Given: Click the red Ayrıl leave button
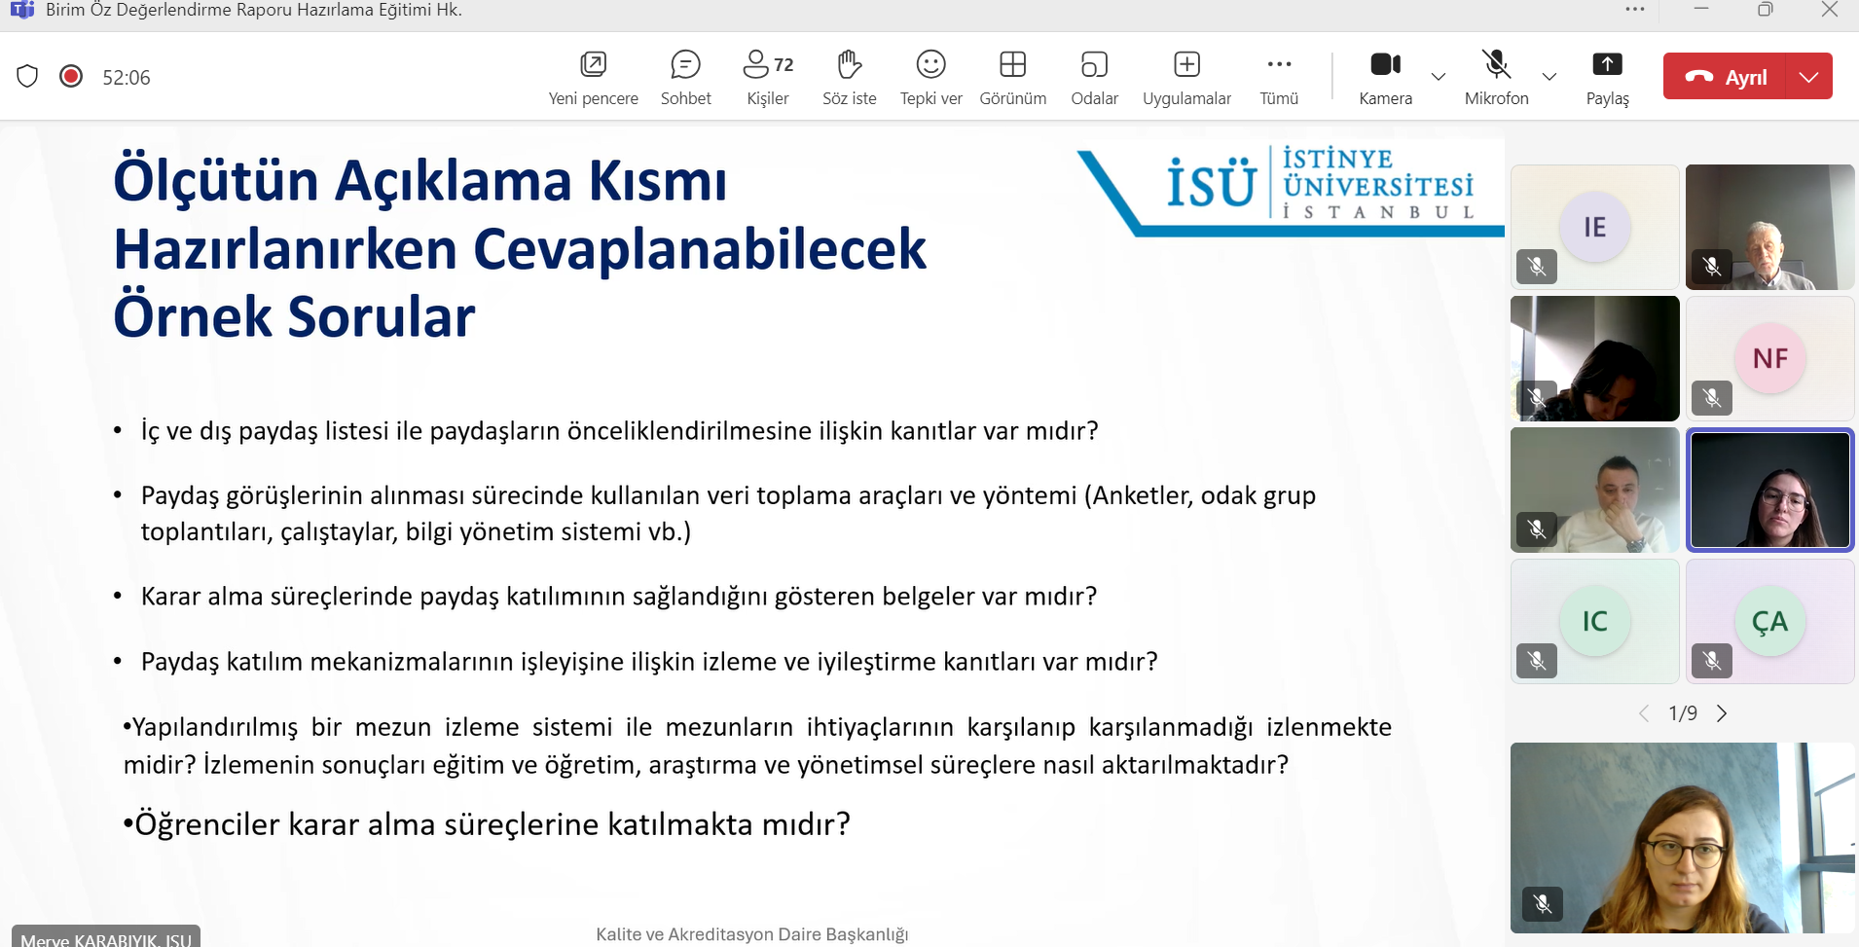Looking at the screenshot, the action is point(1725,77).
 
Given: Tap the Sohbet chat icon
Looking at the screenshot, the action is point(685,65).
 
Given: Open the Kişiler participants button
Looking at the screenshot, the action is point(768,65).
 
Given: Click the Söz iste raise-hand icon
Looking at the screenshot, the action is point(850,65).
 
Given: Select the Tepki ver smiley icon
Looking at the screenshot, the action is point(931,65).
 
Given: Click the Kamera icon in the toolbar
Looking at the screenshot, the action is point(1385,64).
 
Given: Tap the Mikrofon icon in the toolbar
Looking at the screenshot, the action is point(1497,64).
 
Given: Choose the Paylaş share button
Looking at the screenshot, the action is point(1607,64).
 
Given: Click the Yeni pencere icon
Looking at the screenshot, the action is point(594,65).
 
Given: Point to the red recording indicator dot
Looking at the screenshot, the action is point(71,76).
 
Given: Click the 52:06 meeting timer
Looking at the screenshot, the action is point(127,78).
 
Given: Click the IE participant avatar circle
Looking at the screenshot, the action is point(1594,227).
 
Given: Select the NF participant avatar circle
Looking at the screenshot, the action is point(1770,358).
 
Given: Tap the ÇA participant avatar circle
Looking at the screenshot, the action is point(1770,621).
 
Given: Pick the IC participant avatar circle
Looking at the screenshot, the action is point(1594,621).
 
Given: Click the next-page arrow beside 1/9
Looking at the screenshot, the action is point(1722,713).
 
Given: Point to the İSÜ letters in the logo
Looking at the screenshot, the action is point(1212,183).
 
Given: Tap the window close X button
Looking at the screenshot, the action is point(1829,10).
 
